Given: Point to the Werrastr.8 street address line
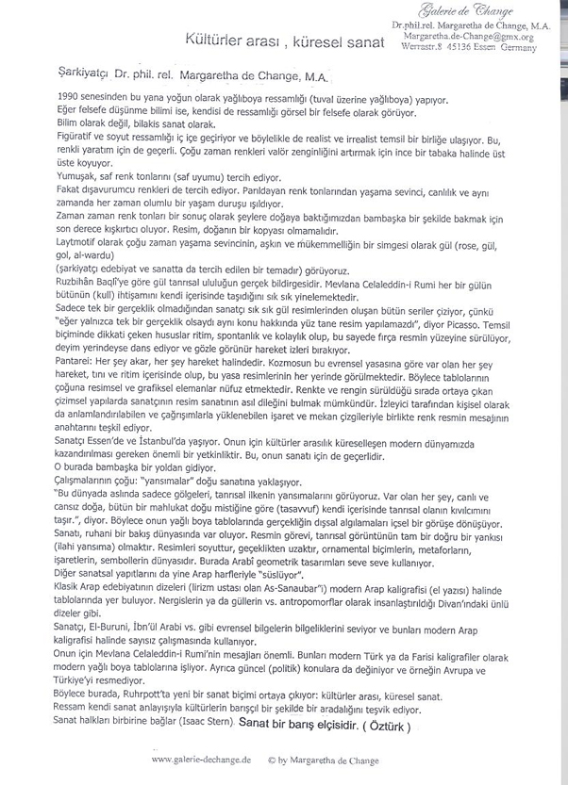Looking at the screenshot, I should coord(481,47).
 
